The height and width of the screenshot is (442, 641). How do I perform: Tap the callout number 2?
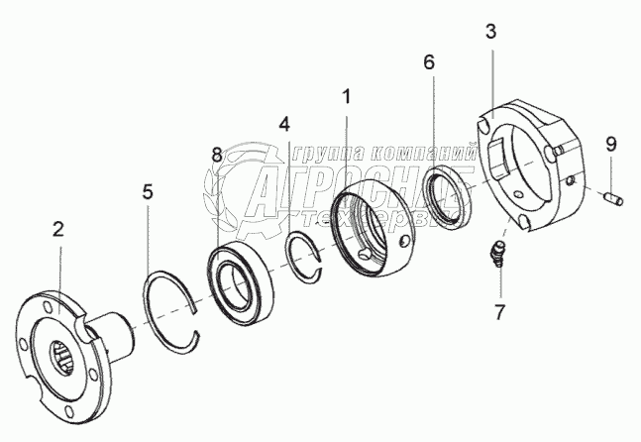click(58, 230)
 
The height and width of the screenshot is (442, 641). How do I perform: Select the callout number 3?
click(491, 33)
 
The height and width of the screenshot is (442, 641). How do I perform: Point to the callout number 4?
click(284, 125)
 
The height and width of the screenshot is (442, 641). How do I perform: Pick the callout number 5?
click(147, 192)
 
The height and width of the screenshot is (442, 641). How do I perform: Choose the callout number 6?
click(428, 61)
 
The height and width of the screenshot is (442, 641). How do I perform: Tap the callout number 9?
click(611, 144)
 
